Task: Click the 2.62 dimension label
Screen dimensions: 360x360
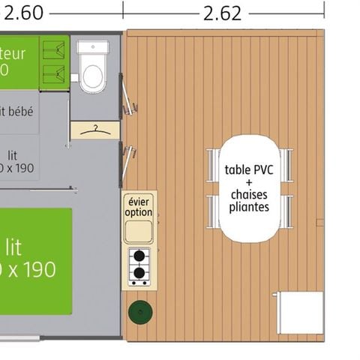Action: (x=221, y=12)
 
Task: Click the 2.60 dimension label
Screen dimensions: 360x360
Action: (x=21, y=12)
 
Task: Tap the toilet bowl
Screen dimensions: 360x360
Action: (x=93, y=73)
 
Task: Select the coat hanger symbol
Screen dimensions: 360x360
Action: (x=94, y=130)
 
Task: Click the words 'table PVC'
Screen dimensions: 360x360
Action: (x=248, y=169)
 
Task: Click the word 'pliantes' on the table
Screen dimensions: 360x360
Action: (x=248, y=206)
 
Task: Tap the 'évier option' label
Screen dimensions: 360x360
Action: (x=139, y=207)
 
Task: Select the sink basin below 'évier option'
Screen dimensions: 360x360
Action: (x=139, y=231)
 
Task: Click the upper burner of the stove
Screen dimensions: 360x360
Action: (x=139, y=256)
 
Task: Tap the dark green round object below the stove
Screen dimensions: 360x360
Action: (x=139, y=311)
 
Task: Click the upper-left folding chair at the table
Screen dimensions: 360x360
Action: (x=214, y=164)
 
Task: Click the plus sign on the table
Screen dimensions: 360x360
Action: (x=248, y=182)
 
